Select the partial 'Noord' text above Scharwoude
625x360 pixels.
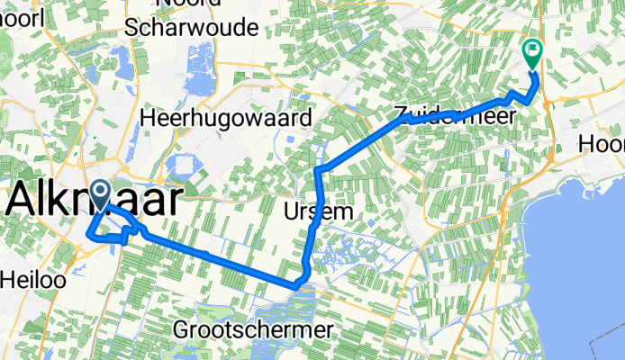190,4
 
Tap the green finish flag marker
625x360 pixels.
531,53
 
